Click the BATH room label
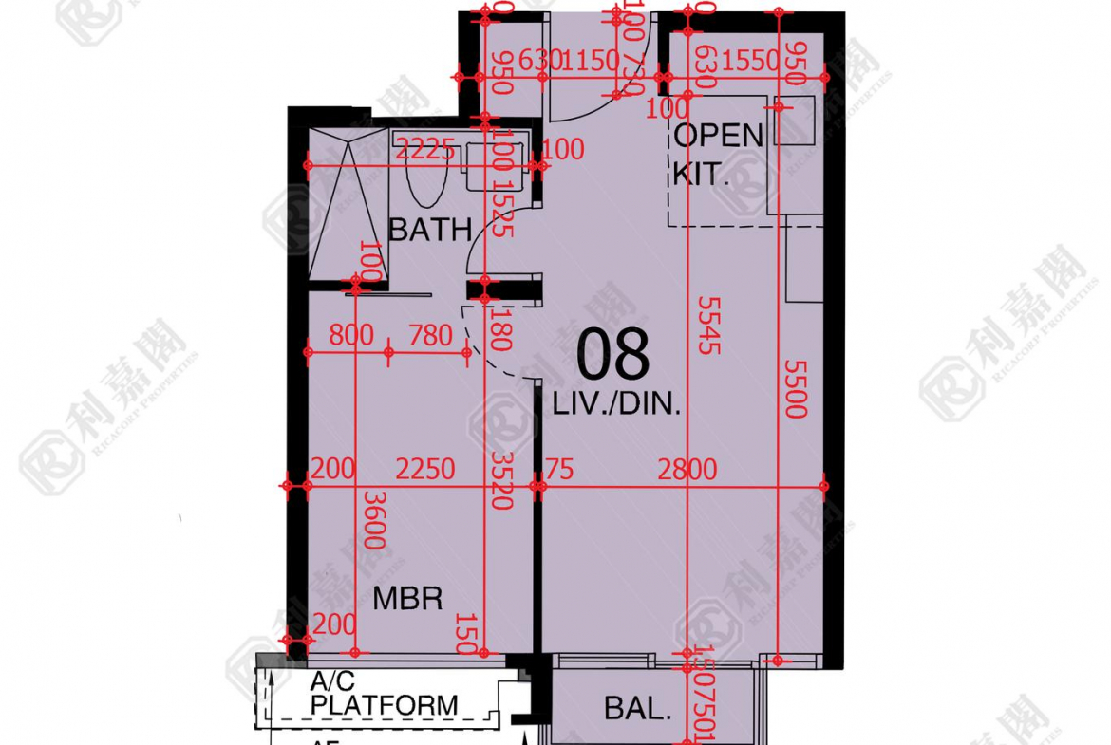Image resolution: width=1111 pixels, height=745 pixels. coord(430,230)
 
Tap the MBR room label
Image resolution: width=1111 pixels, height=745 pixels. coord(407,599)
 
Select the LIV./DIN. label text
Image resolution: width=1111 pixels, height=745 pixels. coord(617,405)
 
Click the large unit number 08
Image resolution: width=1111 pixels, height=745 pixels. coord(614,355)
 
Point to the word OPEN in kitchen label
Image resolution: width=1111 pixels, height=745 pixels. coord(719,136)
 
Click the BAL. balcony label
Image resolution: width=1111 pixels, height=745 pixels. coord(639,709)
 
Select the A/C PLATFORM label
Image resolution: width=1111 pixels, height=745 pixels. coord(384,695)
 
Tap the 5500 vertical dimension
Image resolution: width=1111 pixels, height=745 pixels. coord(796,387)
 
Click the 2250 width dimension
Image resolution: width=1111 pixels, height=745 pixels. coord(424,470)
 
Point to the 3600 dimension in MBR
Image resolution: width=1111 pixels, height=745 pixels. coord(373,520)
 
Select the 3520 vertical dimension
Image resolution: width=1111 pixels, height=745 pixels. coord(502,479)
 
